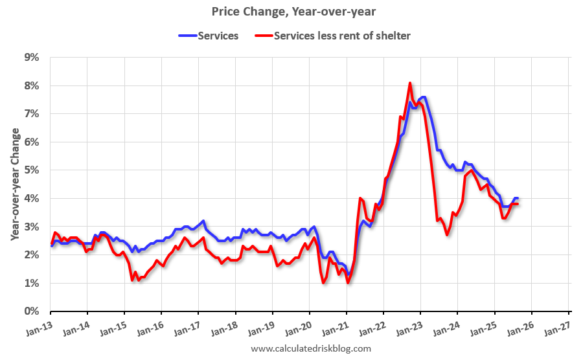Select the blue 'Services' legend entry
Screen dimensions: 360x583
tap(209, 36)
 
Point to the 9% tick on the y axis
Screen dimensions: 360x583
tap(32, 58)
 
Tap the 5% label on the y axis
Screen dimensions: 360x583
tap(32, 170)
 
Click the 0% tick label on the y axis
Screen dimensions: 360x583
tap(32, 311)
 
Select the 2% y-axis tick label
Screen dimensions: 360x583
tap(32, 255)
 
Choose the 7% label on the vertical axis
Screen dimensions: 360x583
tap(32, 114)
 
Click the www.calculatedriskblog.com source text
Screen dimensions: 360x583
tap(310, 349)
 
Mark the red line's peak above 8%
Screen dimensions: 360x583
tap(410, 83)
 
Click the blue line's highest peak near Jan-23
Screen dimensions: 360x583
tap(422, 97)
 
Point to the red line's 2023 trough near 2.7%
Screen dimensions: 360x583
tap(447, 234)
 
